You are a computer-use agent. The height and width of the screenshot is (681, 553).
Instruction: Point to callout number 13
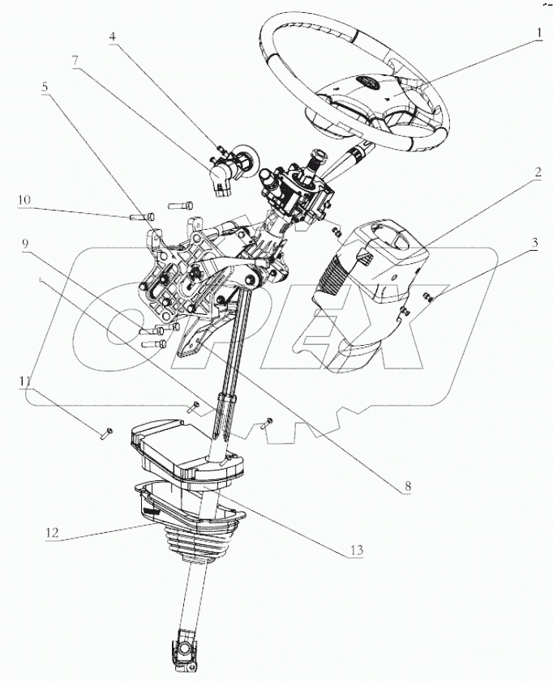click(x=357, y=551)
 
